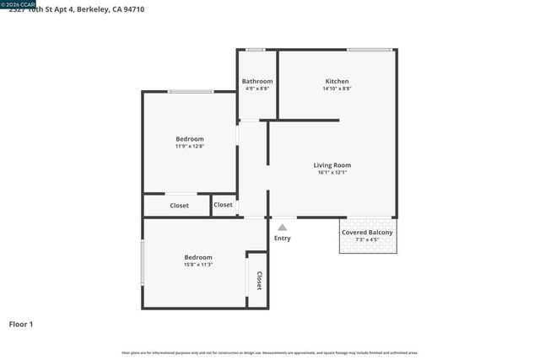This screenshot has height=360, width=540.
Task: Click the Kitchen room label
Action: tap(337, 82)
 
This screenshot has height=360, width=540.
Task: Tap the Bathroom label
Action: tap(257, 82)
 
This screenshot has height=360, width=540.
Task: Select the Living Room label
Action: tap(332, 165)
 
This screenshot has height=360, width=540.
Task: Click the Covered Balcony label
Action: tap(366, 233)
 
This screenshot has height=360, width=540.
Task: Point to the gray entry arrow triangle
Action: tap(283, 226)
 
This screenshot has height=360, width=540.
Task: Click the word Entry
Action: tap(283, 239)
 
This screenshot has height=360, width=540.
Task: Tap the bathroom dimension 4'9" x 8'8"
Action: tap(257, 89)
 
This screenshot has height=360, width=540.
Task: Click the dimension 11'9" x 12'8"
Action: tap(189, 146)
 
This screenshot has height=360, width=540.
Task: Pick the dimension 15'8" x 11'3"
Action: tap(197, 264)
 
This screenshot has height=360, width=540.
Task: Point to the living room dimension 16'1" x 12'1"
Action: tap(332, 173)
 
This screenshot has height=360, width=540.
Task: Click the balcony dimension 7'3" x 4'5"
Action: tap(366, 240)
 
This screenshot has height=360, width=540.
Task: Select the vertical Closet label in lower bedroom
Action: tap(259, 281)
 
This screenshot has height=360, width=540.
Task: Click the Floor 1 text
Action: tap(21, 324)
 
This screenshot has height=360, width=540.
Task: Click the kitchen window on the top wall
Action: tap(369, 50)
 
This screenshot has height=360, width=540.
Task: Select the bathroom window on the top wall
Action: tap(255, 50)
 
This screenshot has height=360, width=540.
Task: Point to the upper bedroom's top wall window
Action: tap(190, 91)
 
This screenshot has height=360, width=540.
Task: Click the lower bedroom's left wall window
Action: tap(143, 262)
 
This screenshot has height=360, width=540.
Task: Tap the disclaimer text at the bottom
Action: tap(269, 353)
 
